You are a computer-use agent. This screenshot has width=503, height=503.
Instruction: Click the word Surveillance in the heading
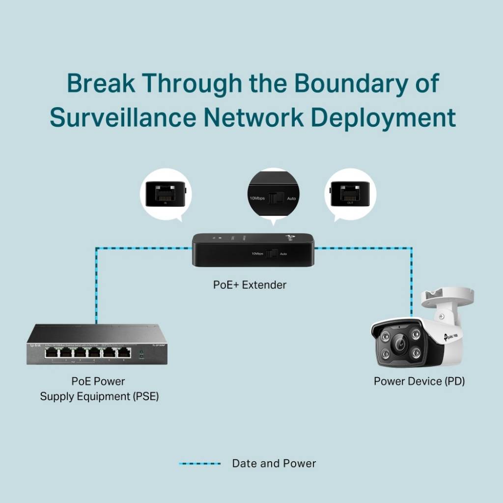click(122, 118)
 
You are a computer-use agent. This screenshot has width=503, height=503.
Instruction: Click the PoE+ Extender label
click(250, 285)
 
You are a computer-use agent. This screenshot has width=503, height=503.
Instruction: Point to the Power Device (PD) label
click(419, 381)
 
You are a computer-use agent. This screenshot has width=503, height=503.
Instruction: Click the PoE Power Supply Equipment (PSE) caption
click(99, 389)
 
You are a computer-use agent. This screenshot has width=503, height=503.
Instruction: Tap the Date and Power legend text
click(274, 463)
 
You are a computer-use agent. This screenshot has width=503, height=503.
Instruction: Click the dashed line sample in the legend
click(199, 463)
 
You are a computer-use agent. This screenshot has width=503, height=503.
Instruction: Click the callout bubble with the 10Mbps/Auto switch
click(274, 194)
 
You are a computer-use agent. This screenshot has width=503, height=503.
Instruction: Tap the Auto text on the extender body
click(283, 254)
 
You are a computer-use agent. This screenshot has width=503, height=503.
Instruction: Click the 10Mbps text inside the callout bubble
click(257, 198)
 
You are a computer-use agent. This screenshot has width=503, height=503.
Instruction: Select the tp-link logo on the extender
click(289, 239)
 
